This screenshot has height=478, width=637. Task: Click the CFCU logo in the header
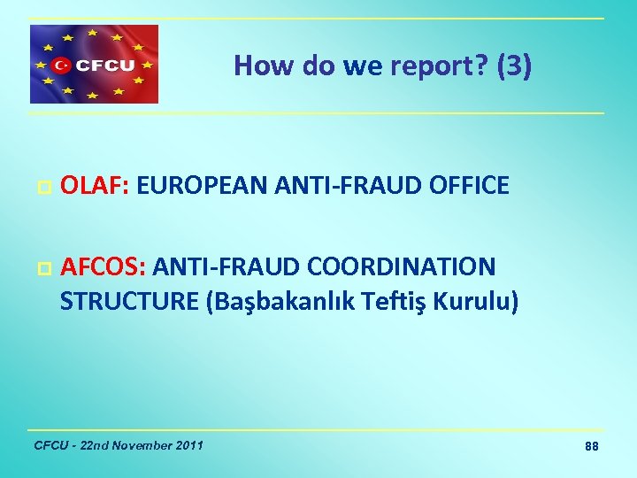(x=95, y=64)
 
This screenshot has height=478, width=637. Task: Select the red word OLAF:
(x=95, y=186)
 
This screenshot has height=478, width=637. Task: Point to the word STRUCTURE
(x=129, y=301)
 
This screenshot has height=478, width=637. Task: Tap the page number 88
(x=591, y=447)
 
